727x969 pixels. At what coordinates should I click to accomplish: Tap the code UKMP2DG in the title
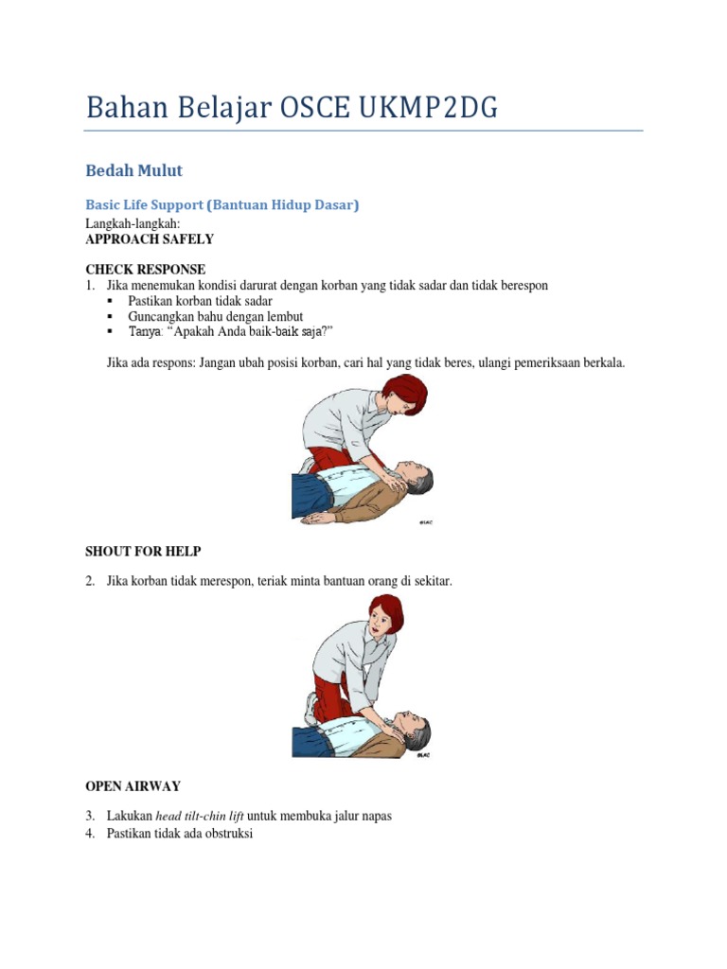coord(428,109)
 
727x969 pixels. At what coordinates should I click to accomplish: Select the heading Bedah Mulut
coord(133,171)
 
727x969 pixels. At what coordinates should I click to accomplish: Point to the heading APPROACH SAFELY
coord(150,239)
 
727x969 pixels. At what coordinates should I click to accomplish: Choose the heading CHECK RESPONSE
coord(145,270)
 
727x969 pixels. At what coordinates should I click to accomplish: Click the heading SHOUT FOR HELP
coord(143,551)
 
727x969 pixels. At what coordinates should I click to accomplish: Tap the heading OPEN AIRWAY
coord(133,785)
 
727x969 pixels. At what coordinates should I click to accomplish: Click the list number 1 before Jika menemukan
coord(90,285)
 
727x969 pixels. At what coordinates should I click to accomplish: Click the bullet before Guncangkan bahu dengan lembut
coord(111,315)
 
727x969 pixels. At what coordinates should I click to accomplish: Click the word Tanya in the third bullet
coord(145,331)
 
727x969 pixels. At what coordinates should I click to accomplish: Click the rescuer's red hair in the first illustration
coord(406,388)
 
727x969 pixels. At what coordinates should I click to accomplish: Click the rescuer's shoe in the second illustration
coord(310,708)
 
